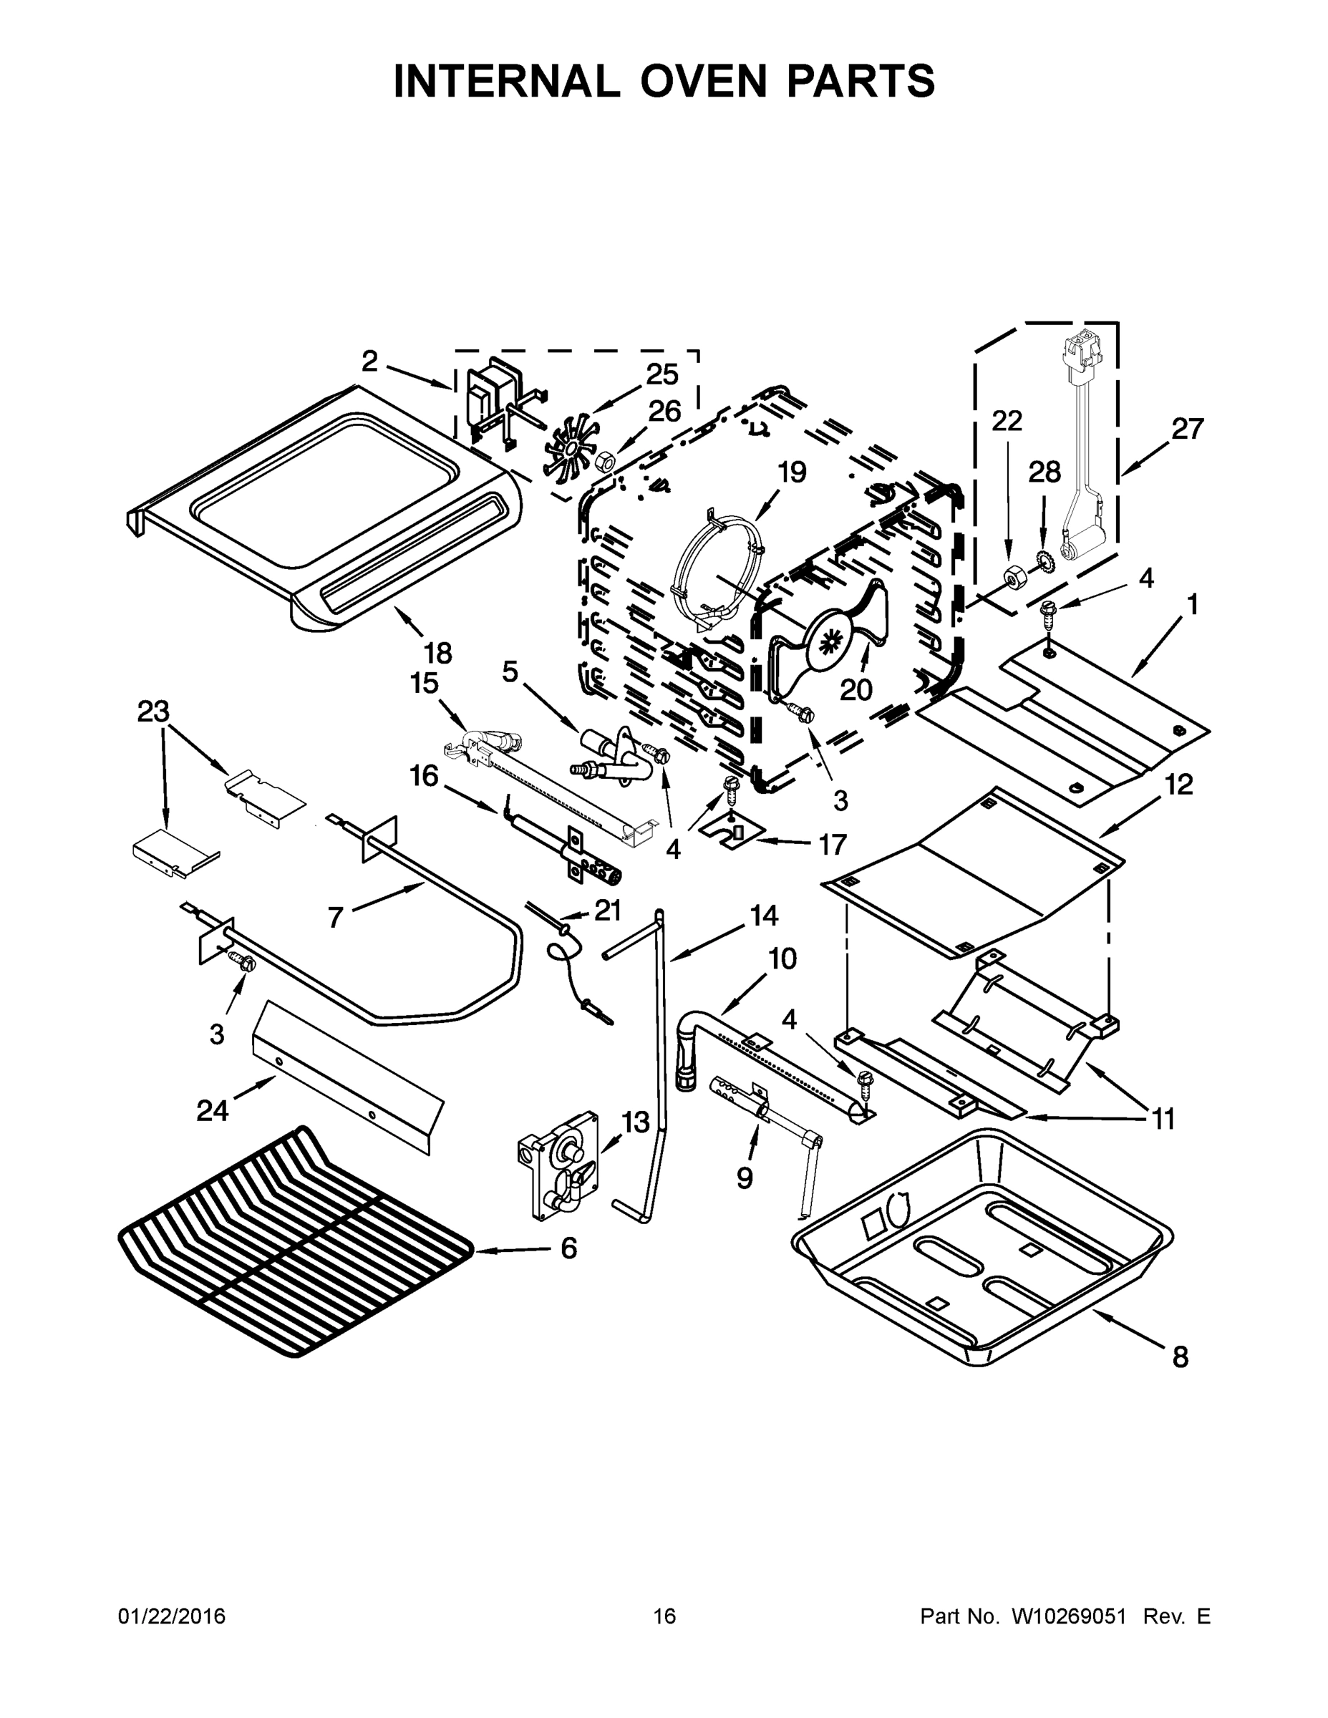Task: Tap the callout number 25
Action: [x=661, y=374]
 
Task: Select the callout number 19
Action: [x=792, y=472]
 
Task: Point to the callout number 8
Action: [x=1180, y=1357]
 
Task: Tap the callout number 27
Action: [x=1187, y=429]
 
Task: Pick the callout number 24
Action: [x=213, y=1111]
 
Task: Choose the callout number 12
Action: [x=1178, y=785]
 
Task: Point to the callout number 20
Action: [x=856, y=689]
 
